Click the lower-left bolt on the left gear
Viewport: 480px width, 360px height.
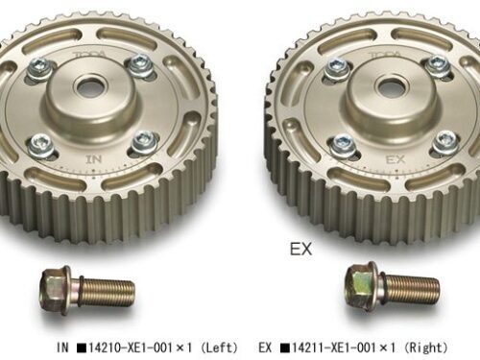click(41, 144)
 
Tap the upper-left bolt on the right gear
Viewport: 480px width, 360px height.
click(337, 68)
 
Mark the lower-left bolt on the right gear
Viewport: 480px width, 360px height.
click(343, 144)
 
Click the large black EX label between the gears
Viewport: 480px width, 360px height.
click(302, 250)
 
